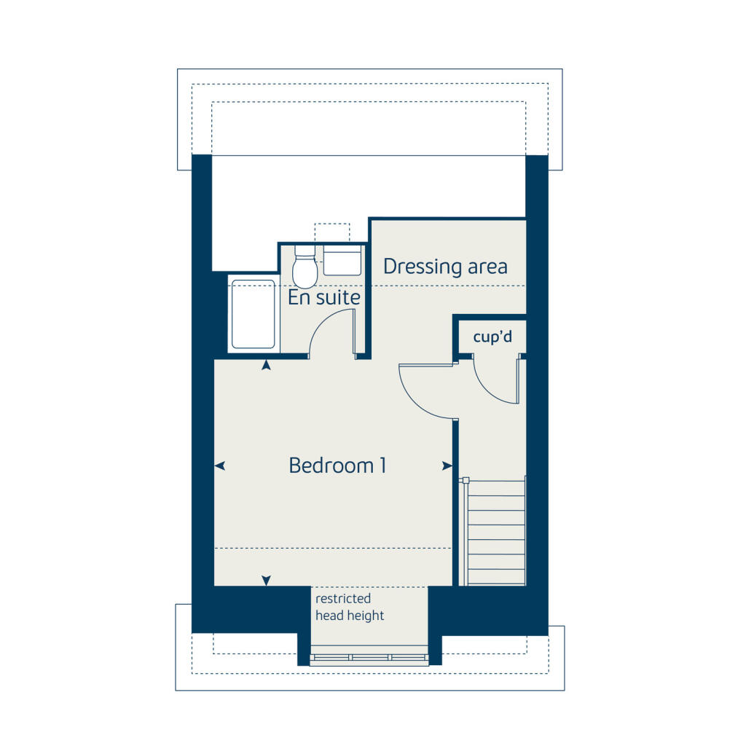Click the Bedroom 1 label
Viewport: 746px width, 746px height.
click(x=337, y=465)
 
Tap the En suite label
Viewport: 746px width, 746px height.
click(x=324, y=297)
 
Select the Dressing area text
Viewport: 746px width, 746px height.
click(x=445, y=267)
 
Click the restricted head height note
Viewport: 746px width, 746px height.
click(x=350, y=607)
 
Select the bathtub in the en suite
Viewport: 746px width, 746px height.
click(x=253, y=313)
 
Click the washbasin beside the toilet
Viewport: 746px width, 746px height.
click(x=342, y=260)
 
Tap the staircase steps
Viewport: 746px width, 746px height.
click(x=495, y=532)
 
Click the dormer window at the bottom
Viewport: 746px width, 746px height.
click(x=369, y=658)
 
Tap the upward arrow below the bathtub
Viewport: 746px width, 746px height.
click(x=267, y=365)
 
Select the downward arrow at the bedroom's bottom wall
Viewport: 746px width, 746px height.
click(x=267, y=580)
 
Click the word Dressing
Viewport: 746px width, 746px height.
click(x=413, y=267)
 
